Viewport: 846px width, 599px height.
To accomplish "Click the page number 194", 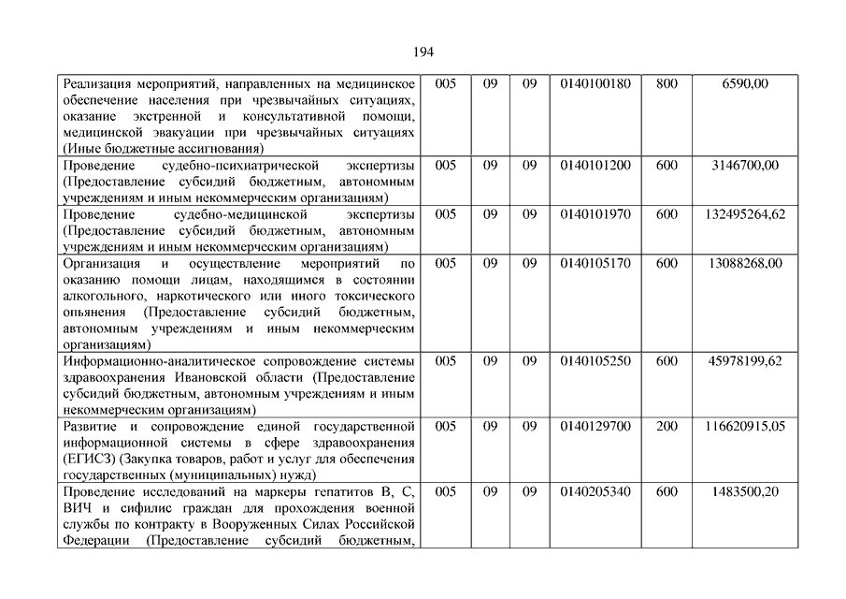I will [x=423, y=51].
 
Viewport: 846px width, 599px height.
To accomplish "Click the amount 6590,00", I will [x=745, y=84].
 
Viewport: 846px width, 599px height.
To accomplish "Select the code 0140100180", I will [x=595, y=84].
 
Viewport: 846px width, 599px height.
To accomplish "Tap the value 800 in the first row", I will [x=667, y=84].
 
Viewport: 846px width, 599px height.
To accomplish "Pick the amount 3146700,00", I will [x=745, y=166].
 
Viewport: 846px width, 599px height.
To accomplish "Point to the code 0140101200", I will [x=595, y=166].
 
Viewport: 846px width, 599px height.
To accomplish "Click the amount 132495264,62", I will [x=745, y=214].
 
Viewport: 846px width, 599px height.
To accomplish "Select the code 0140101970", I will [x=595, y=214].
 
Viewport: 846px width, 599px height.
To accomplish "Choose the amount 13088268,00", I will [x=745, y=263].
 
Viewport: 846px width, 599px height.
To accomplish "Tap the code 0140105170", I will [x=595, y=263].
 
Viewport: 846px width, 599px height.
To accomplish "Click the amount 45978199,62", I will [x=745, y=360].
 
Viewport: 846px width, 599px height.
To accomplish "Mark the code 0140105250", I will [x=595, y=360].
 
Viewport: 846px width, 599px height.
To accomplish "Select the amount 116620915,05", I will [x=745, y=426].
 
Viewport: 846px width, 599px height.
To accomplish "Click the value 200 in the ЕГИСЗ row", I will [x=667, y=426].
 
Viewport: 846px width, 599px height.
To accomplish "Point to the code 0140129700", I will [x=595, y=426].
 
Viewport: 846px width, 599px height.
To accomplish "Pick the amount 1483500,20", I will [x=745, y=491].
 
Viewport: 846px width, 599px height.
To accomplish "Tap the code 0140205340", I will [x=595, y=491].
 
